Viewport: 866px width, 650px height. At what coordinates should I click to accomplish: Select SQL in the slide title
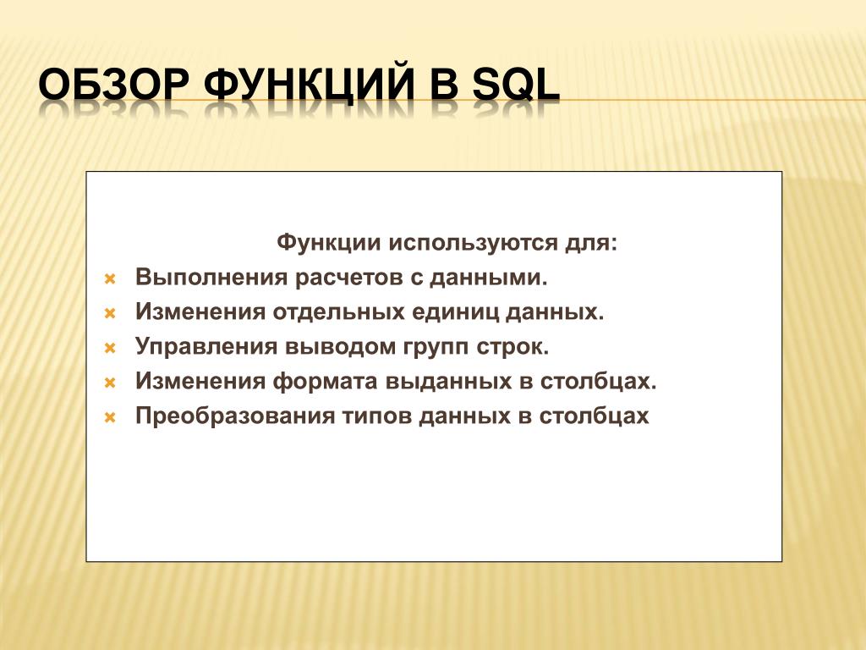[x=517, y=85]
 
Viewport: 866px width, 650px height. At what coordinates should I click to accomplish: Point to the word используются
[x=473, y=244]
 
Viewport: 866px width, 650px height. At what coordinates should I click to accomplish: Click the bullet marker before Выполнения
[x=110, y=279]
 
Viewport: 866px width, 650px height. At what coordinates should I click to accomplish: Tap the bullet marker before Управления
[x=110, y=348]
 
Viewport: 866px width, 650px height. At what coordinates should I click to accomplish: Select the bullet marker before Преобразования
[x=110, y=418]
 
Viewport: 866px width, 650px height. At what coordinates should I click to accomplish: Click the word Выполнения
[x=211, y=277]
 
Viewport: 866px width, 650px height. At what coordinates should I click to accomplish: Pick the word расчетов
[x=348, y=278]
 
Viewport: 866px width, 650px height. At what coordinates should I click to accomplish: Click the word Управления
[x=206, y=347]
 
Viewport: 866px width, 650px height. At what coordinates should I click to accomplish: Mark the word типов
[x=376, y=416]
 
